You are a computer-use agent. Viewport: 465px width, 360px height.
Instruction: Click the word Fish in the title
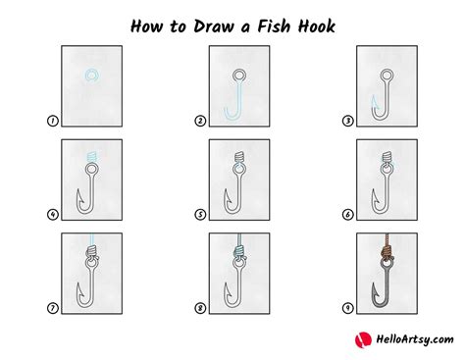coord(274,26)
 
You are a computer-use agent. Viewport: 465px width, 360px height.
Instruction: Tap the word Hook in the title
coord(316,26)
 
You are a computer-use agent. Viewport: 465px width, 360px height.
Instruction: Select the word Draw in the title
coord(214,26)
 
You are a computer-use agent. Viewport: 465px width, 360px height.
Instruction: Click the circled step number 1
coord(52,121)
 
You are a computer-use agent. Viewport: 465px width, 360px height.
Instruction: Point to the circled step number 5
coord(200,215)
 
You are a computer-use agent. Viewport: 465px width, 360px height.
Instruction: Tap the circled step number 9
coord(348,308)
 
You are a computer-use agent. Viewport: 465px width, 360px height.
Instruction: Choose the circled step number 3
coord(348,121)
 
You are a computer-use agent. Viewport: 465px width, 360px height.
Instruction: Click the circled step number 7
coord(52,308)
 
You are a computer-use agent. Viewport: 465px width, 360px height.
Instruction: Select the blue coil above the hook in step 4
coord(92,157)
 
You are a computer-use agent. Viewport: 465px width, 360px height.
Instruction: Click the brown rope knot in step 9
coord(387,253)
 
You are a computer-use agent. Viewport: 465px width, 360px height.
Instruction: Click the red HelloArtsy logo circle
coord(363,340)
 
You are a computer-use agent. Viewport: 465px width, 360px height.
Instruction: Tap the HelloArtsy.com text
coord(415,339)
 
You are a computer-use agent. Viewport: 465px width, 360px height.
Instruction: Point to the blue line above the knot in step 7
coord(92,239)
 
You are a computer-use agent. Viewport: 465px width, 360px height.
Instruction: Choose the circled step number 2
coord(200,121)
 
